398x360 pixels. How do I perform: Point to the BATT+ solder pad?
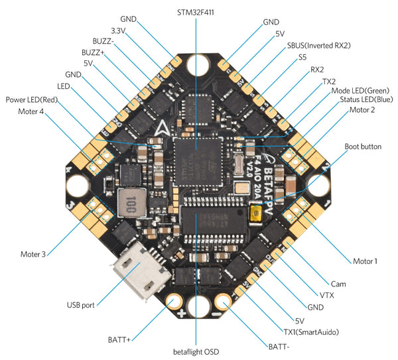[172, 302]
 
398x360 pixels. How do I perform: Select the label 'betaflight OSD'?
[196, 351]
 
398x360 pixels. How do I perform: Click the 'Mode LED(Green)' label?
[360, 90]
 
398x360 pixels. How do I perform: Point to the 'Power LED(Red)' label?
[34, 99]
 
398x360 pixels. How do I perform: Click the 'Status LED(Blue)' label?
[364, 99]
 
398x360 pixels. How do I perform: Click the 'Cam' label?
[338, 284]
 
